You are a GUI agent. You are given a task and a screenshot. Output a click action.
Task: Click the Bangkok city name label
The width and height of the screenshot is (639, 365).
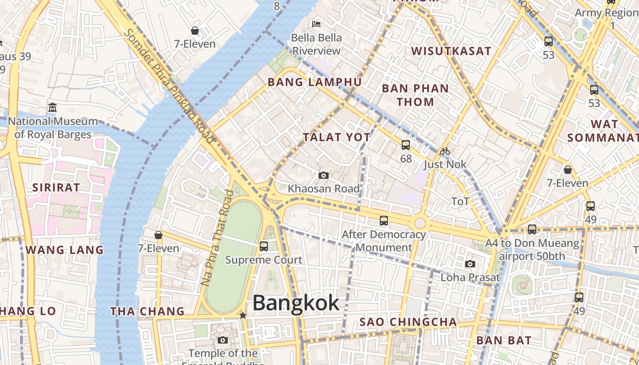(x=296, y=302)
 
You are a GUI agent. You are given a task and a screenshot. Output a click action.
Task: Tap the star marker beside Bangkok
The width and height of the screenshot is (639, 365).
(x=243, y=315)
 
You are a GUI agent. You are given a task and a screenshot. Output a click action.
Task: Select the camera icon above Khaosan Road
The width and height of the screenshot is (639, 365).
(x=323, y=175)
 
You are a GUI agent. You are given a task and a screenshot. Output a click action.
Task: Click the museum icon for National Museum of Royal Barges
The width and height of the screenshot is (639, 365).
(x=52, y=108)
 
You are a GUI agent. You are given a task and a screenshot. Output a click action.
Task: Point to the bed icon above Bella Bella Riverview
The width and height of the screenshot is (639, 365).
(x=316, y=23)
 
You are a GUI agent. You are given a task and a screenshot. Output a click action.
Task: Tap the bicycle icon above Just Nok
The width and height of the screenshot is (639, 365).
(x=445, y=151)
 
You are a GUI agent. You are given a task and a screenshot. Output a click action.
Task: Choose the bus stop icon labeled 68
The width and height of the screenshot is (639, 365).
(x=405, y=145)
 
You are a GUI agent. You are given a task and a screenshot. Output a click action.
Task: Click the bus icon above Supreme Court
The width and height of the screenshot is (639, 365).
(x=263, y=246)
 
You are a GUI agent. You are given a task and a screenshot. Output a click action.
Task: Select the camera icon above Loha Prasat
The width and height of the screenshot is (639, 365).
(x=470, y=264)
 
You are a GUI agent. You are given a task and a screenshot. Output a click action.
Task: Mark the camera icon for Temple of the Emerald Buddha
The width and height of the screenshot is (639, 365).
(x=223, y=340)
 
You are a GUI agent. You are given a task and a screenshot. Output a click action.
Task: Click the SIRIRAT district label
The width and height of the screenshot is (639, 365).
(x=56, y=187)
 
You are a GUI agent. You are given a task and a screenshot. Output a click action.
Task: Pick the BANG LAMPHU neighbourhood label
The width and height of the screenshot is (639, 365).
(x=314, y=82)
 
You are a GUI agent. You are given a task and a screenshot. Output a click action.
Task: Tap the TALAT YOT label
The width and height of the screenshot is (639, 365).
(x=337, y=137)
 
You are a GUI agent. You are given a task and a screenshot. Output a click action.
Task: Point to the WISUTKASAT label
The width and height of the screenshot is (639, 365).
(x=451, y=51)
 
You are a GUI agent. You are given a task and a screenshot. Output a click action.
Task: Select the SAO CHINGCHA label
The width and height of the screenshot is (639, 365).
(x=408, y=322)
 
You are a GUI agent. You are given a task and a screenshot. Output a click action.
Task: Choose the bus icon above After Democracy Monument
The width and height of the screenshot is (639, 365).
(x=384, y=221)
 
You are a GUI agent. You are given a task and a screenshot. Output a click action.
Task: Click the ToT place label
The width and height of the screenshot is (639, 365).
(x=460, y=201)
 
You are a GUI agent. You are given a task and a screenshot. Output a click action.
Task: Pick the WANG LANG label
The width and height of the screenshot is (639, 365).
(x=64, y=250)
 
